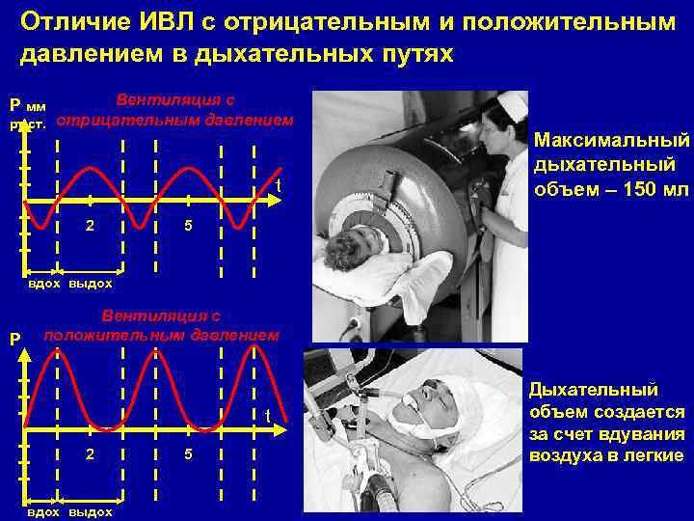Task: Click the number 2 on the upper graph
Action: tap(90, 225)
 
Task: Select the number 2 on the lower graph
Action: tap(90, 453)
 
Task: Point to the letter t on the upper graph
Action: tap(278, 185)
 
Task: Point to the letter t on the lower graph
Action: tap(269, 416)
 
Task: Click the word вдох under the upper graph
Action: tap(44, 284)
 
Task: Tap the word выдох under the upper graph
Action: tap(91, 284)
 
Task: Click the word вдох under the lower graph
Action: tap(44, 512)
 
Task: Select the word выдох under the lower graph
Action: tap(91, 512)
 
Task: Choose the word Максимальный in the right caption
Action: tap(612, 141)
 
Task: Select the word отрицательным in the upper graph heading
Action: tap(125, 121)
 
